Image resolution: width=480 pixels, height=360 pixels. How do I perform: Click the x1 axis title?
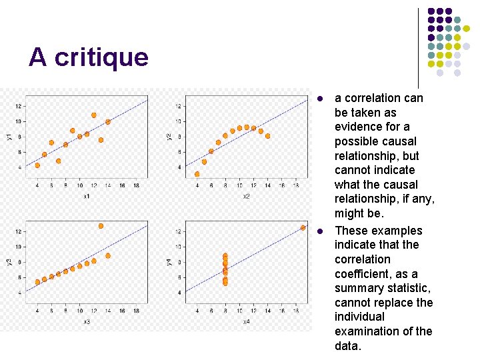click(87, 196)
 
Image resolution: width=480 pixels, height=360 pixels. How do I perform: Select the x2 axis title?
click(246, 196)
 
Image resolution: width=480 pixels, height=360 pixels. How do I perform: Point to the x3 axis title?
click(87, 321)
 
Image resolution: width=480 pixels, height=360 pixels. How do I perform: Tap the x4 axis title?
click(246, 321)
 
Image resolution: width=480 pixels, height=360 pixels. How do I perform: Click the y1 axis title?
click(9, 137)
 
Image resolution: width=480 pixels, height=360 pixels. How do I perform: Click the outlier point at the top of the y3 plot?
click(101, 226)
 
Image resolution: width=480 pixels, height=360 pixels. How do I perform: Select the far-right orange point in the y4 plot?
click(303, 227)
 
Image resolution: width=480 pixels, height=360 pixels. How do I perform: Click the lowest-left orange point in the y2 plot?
click(197, 174)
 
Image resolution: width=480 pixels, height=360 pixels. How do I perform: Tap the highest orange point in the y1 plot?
click(94, 115)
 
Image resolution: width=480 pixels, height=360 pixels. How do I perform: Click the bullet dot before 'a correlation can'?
click(320, 99)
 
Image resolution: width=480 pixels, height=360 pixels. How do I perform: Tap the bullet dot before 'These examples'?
click(320, 231)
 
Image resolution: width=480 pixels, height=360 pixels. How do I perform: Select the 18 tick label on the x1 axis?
click(136, 185)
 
